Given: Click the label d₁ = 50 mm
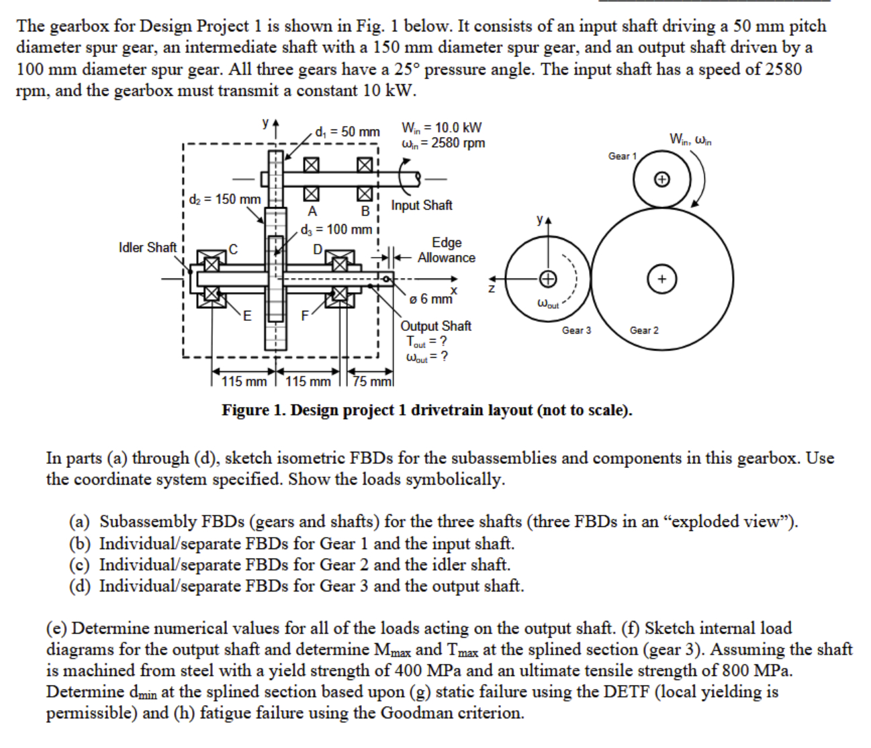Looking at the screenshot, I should [347, 132].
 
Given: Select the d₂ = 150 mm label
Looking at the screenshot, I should [224, 199].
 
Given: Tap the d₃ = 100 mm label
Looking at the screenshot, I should [336, 230].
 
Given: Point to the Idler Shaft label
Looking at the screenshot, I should [147, 248].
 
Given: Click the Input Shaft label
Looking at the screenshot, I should [422, 205].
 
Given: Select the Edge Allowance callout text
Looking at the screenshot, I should [446, 250].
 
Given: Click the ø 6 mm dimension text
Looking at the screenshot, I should [431, 298].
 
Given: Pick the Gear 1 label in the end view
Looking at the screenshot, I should [622, 156].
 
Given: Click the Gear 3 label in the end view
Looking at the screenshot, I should [576, 330].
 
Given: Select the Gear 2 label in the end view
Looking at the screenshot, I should [644, 330].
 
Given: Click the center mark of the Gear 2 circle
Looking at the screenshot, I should [661, 279].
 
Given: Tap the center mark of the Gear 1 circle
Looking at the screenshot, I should [661, 179].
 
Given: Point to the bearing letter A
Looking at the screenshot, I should [312, 212].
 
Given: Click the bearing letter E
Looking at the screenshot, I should [247, 316].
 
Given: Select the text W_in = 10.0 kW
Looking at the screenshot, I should [441, 128].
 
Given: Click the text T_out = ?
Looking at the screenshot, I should [426, 341].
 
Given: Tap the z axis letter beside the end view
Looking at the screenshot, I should [492, 289].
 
